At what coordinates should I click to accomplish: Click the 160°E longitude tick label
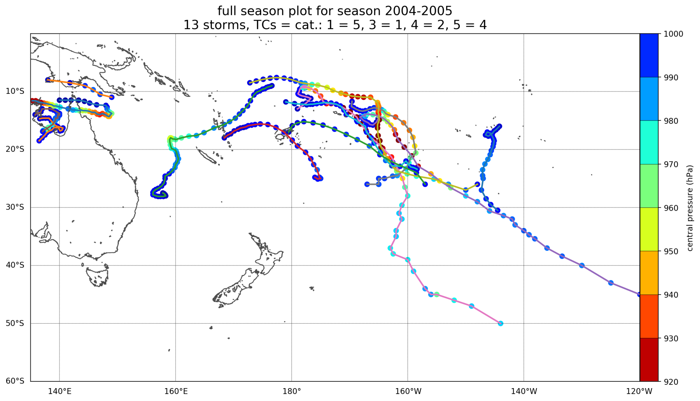tap(176, 391)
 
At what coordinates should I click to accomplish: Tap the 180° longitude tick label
tap(292, 391)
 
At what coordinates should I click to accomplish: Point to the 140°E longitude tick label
tap(60, 391)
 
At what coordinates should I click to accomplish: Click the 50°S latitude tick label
tap(15, 323)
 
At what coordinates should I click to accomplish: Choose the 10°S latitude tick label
tap(15, 91)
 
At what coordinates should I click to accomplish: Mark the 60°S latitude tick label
tap(15, 381)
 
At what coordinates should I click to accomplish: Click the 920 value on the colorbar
tap(672, 382)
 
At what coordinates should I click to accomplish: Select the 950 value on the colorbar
tap(672, 252)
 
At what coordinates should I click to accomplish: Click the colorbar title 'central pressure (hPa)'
tap(690, 208)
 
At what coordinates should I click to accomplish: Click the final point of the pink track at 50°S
tap(500, 323)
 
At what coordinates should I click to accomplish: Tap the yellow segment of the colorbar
tap(649, 229)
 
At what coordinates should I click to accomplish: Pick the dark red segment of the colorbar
tap(649, 360)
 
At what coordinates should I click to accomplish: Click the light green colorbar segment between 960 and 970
tap(649, 186)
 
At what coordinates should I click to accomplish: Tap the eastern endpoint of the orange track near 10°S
tap(112, 97)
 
